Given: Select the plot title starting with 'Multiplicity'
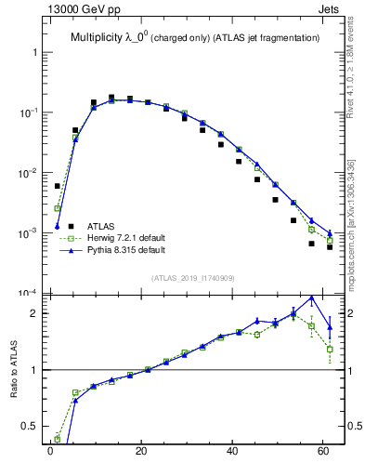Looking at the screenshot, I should tap(195, 37).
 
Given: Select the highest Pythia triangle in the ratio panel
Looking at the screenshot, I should tap(311, 298).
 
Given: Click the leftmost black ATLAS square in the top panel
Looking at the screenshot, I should tap(57, 186).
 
